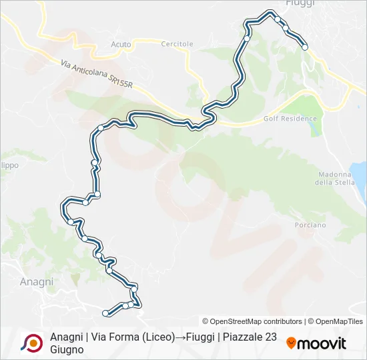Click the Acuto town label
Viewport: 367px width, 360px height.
(121, 44)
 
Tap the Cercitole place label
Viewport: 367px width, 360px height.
(177, 44)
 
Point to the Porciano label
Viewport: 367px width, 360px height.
(310, 225)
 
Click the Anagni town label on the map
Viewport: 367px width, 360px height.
(37, 282)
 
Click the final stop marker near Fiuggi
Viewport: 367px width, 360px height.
(305, 47)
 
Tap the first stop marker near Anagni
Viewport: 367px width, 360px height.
(105, 312)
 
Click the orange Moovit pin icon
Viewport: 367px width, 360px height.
(291, 343)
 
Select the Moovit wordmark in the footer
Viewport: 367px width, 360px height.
(322, 344)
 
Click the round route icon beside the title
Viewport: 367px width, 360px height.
(31, 343)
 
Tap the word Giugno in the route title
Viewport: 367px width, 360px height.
(67, 349)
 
